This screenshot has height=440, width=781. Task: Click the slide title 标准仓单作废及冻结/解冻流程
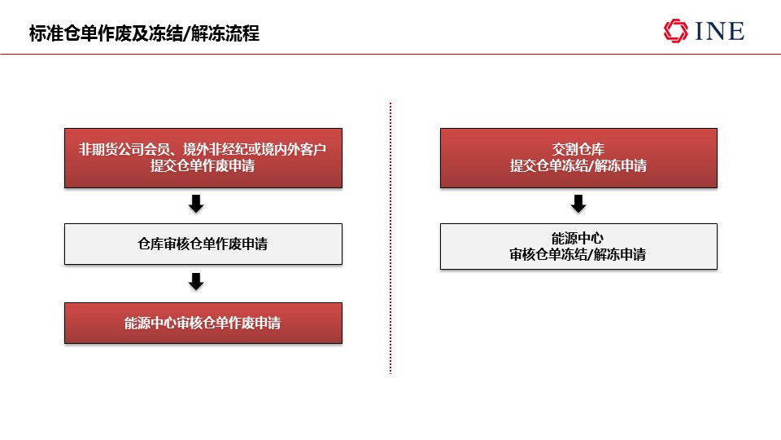pos(144,33)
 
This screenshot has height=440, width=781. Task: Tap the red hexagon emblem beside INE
pos(675,31)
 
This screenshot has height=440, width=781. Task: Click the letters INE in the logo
pos(720,31)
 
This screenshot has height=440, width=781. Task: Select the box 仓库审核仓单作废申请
pos(203,244)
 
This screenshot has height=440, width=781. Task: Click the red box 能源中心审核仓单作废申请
pos(203,323)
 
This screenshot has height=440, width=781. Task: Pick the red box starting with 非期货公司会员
pos(203,157)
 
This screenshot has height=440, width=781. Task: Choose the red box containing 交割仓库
pos(578,157)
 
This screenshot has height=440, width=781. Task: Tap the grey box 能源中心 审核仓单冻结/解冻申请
pos(578,246)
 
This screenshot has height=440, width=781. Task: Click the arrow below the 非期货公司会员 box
pos(196,204)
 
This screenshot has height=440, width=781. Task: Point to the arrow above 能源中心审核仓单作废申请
pos(196,281)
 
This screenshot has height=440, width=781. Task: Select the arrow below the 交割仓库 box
pos(578,204)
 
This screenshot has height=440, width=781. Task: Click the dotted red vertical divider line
pos(390,238)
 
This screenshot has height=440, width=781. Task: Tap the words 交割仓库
pos(578,149)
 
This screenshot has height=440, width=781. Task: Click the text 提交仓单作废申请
pos(203,165)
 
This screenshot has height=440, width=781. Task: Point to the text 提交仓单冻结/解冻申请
pos(578,165)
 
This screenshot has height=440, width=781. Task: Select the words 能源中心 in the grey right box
pos(578,238)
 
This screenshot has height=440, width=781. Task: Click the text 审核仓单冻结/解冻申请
pos(578,254)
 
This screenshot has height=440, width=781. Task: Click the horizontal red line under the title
pos(390,54)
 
